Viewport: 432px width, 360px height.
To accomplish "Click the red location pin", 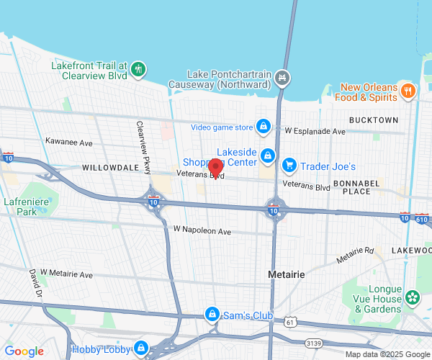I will click(215, 168).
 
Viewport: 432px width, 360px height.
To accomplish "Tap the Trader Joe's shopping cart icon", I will click(289, 166).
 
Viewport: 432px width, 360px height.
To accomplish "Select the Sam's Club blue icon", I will click(212, 315).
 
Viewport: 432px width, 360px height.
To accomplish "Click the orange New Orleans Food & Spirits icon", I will click(408, 91).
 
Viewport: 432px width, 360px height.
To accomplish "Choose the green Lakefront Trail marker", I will click(138, 70).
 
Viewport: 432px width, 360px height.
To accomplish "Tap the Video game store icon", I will click(264, 127).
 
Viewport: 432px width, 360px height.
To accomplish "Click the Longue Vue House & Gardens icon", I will click(412, 297).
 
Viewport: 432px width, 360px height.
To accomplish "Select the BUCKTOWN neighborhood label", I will click(373, 120).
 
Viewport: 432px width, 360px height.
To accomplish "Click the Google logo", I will click(24, 351).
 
